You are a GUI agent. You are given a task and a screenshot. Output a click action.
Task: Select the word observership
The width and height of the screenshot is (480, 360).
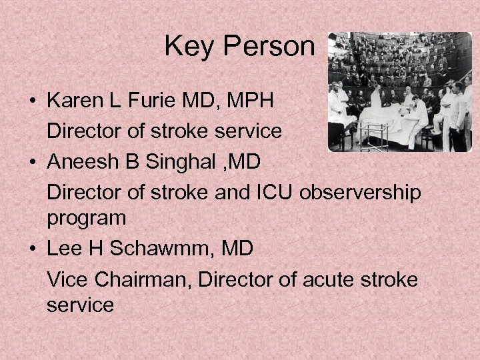tap(362, 192)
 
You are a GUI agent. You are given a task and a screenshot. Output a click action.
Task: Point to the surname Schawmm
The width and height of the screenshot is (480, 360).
tap(163, 250)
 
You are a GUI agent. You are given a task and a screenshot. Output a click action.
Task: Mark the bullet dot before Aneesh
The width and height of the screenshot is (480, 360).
tap(32, 163)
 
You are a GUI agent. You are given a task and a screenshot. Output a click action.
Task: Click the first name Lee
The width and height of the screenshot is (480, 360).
tap(66, 250)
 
